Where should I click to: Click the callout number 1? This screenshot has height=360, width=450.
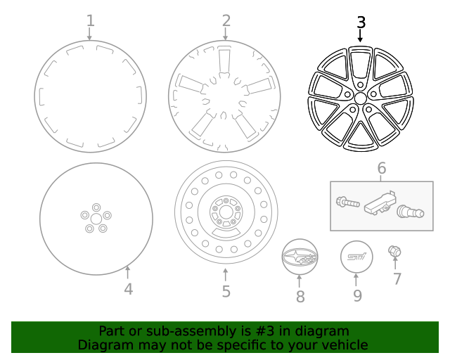pos(90,20)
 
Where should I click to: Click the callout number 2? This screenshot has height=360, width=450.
pos(226,20)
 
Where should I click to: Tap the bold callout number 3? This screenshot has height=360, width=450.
pos(361,22)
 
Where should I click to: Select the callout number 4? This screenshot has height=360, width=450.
pos(128,288)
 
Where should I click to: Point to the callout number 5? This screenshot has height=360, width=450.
pos(226,290)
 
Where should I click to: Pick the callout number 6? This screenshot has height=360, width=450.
pos(382,169)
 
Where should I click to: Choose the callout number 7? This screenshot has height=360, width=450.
pos(397,279)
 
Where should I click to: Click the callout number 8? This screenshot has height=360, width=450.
pos(300,296)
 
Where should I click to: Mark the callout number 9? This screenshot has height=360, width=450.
pos(357,296)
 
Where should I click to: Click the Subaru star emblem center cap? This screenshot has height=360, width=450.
pos(300,258)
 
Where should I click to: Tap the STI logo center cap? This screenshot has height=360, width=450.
pos(357,257)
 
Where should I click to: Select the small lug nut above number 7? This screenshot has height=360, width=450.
pos(394,251)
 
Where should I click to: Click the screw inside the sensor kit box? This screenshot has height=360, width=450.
pos(348,203)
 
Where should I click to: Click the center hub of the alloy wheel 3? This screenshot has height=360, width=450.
pos(360,99)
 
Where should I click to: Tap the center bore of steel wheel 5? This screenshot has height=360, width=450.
pos(226,211)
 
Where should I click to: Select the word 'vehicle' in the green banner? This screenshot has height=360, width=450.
pos(343,345)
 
